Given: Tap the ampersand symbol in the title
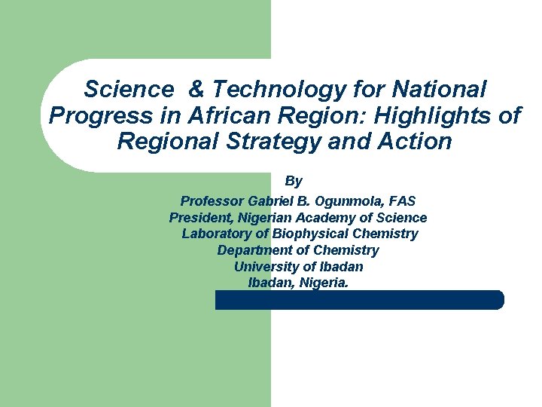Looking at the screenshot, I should [x=196, y=90].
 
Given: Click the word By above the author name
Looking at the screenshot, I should [x=294, y=182].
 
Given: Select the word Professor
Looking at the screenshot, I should [x=212, y=201].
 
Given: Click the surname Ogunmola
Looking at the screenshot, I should [x=352, y=201].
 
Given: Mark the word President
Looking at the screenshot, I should [x=200, y=218].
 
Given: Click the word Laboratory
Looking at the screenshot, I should [x=213, y=234].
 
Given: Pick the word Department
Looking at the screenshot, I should [x=252, y=250].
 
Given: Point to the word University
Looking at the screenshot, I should [x=266, y=267].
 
